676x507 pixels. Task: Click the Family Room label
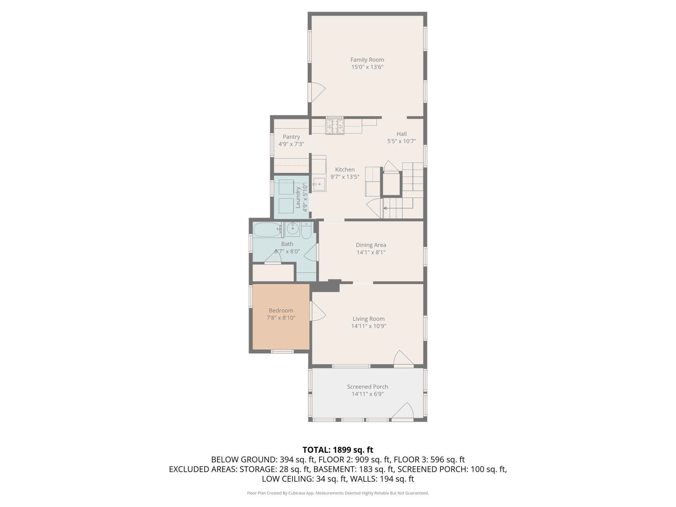click(x=367, y=60)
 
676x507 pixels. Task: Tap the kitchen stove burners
click(x=335, y=126)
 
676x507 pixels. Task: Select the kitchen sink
click(x=319, y=185)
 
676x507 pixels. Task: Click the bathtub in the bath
click(x=267, y=230)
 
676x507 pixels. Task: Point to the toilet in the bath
click(x=306, y=230)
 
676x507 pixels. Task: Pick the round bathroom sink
click(x=292, y=229)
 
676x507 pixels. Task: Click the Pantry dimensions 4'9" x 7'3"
click(x=291, y=144)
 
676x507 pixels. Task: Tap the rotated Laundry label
click(x=298, y=197)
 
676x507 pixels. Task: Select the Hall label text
click(x=402, y=134)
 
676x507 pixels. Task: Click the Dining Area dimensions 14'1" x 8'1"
click(x=371, y=252)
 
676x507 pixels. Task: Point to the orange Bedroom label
click(x=281, y=310)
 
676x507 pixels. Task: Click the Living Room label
click(x=369, y=319)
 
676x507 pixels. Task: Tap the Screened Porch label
click(x=368, y=387)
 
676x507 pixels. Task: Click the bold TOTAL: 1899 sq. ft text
click(x=338, y=450)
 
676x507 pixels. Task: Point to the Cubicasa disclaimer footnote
click(x=338, y=493)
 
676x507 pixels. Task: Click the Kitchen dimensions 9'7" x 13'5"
click(x=345, y=177)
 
